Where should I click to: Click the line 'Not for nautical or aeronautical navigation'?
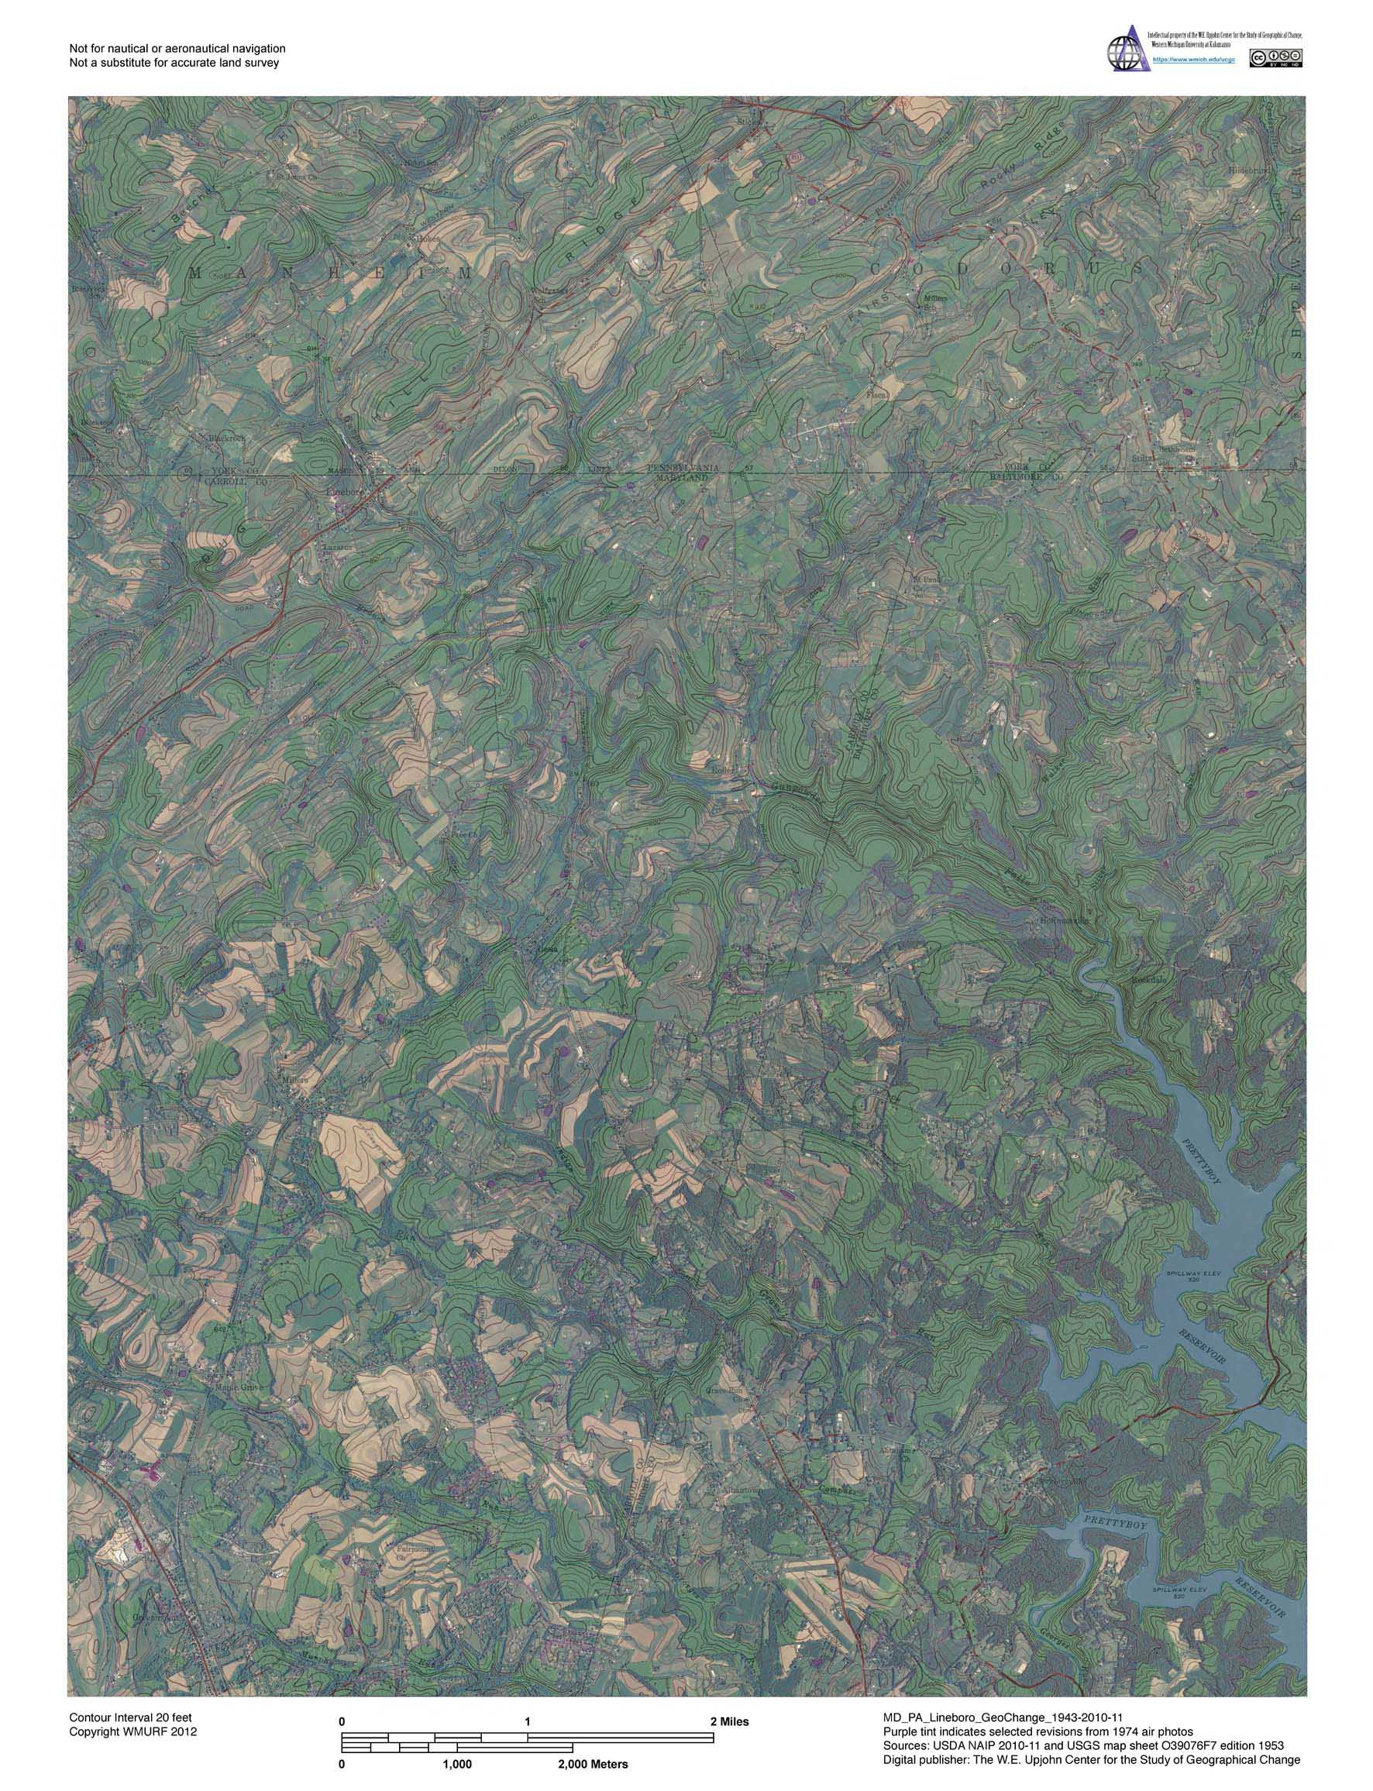(177, 49)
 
